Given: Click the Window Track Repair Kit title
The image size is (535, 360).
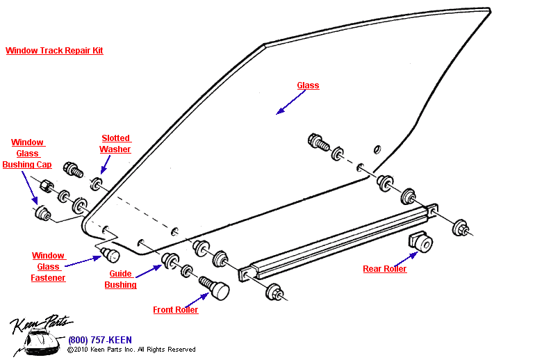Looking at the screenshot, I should point(54,51).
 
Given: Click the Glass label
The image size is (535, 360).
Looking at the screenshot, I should point(308,85).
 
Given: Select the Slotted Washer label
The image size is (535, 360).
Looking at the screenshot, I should point(115,144).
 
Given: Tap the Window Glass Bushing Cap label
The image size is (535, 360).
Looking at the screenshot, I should point(27,154).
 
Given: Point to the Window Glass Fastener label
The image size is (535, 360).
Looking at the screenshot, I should point(48,267).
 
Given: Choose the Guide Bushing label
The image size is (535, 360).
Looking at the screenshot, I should point(120,279).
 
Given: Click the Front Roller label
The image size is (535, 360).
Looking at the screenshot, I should point(176,310).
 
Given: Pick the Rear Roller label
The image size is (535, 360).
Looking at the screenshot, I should point(385,269).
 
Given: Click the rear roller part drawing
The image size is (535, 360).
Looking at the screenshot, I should point(420,243).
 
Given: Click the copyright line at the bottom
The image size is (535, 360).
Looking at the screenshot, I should point(131,350).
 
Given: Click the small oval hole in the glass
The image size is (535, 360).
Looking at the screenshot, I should point(377,148).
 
